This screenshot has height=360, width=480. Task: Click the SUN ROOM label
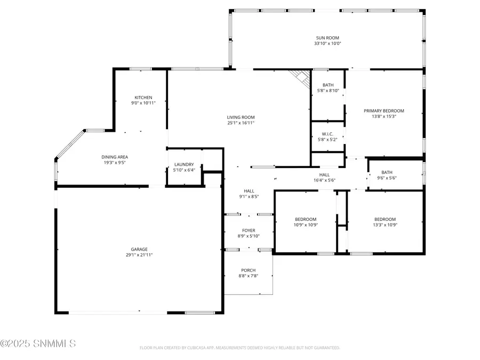point(327,38)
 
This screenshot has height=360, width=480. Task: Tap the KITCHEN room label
point(143,98)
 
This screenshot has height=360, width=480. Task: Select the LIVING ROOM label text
point(241,117)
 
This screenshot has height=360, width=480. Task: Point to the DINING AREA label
point(115,157)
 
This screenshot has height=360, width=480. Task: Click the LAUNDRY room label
point(184,165)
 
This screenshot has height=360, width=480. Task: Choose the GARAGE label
point(139,249)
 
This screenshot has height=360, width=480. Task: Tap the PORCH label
point(248,270)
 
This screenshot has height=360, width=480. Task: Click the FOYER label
point(248,230)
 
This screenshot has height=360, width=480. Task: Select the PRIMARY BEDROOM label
point(384,111)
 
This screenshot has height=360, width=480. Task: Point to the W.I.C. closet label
point(327,134)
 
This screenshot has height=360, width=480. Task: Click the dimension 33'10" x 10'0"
point(327,43)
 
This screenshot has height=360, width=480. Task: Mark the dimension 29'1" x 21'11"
point(139,255)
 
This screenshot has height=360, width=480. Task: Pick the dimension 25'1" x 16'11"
point(241,123)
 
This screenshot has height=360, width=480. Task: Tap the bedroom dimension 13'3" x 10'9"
point(385,225)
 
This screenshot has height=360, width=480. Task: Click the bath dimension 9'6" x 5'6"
point(387,178)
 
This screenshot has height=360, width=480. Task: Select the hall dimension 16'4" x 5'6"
point(324,180)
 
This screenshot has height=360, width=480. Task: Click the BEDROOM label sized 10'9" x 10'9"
point(306,219)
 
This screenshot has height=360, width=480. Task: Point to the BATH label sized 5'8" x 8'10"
point(328,85)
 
